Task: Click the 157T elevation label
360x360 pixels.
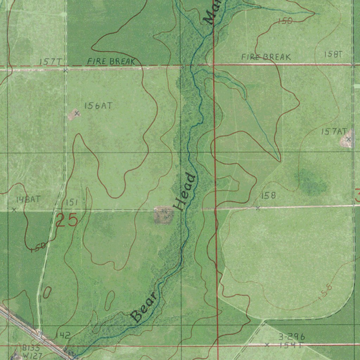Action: [50, 62]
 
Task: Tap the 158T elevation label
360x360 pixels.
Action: [333, 54]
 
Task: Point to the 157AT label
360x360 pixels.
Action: [334, 131]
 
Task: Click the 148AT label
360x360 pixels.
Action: [28, 199]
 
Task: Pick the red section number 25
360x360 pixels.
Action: [66, 220]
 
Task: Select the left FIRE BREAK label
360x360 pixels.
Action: [111, 61]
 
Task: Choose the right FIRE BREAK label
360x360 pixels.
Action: [266, 57]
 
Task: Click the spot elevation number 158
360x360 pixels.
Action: [268, 195]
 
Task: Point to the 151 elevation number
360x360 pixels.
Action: [71, 202]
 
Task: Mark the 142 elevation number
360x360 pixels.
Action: [63, 335]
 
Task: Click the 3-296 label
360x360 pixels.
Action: [291, 337]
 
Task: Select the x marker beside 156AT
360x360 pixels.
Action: [77, 113]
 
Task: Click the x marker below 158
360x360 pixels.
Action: [258, 208]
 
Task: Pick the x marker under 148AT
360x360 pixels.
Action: [14, 210]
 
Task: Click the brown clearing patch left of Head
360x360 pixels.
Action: [163, 215]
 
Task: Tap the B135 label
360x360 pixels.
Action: [31, 348]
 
